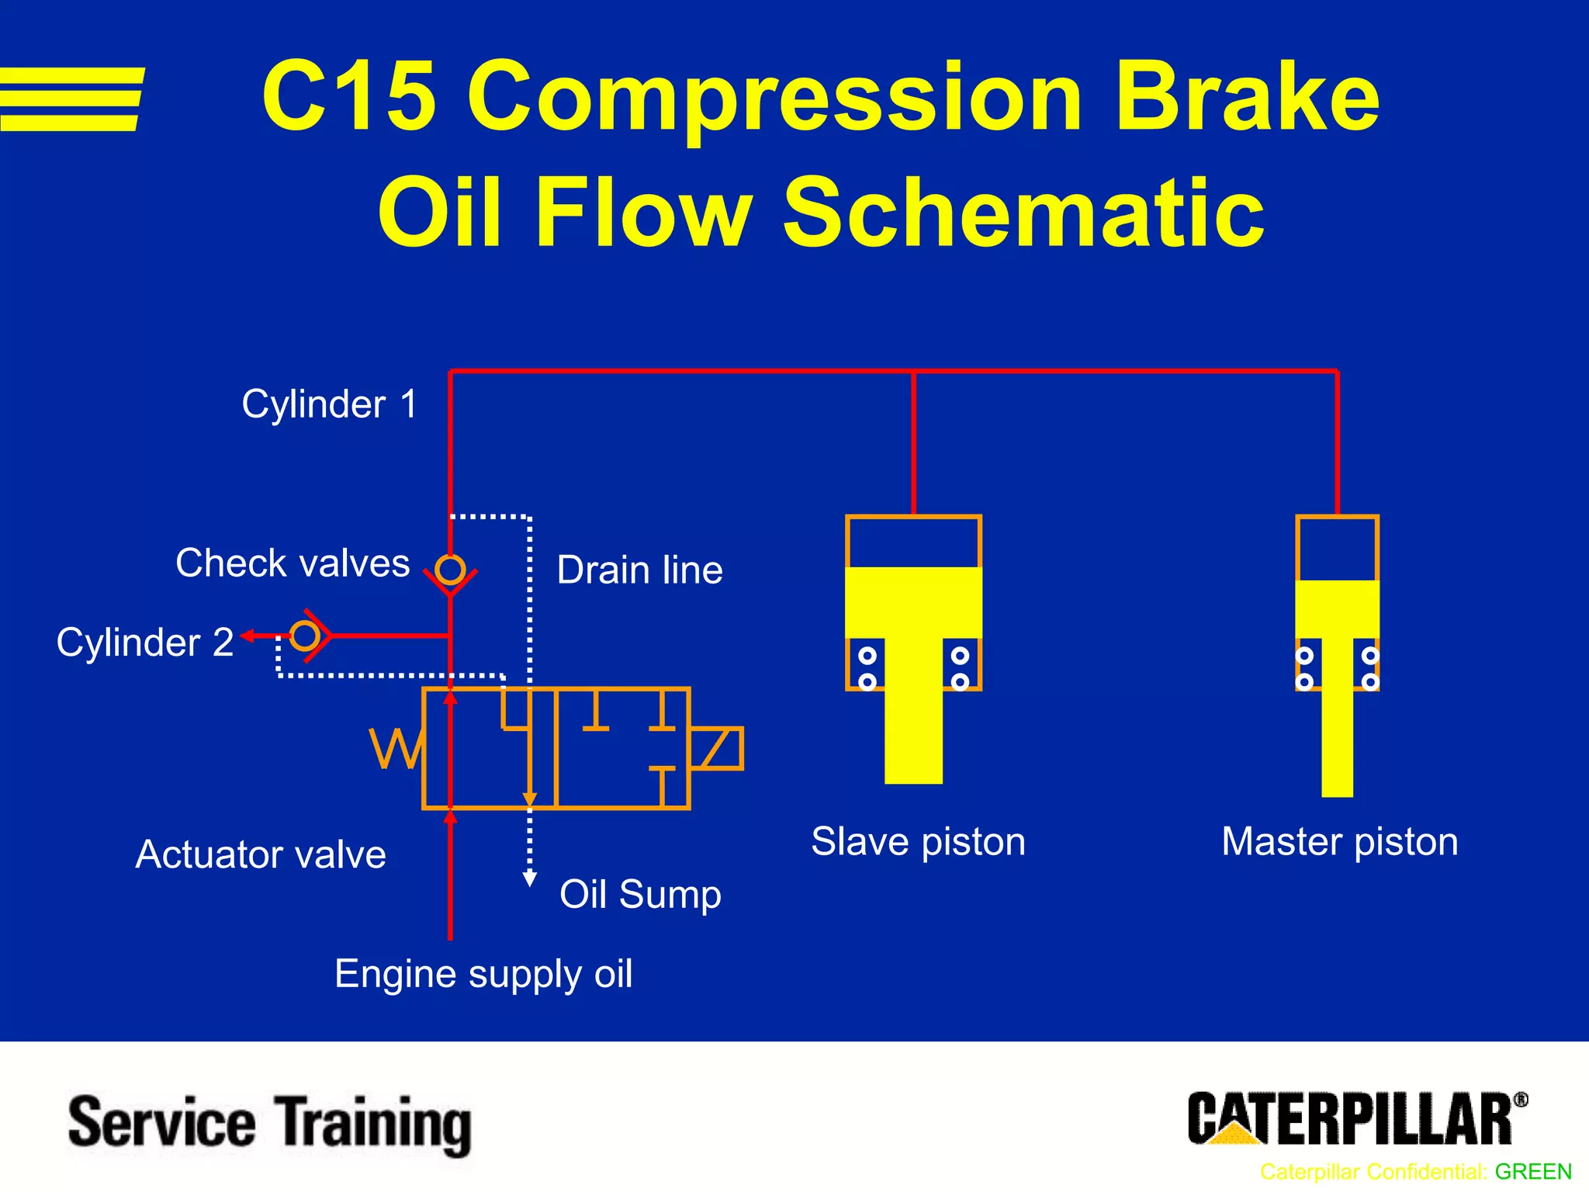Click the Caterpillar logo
click(1356, 1118)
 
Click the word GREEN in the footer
click(1533, 1171)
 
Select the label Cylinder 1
click(330, 404)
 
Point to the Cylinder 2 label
click(145, 643)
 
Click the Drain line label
click(639, 570)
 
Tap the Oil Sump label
click(640, 894)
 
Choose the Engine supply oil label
click(483, 974)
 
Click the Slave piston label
click(918, 842)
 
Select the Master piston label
click(1339, 842)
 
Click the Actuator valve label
click(261, 855)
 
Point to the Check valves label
click(293, 563)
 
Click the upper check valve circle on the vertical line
click(450, 570)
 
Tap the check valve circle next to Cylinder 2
click(305, 636)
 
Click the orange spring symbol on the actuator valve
click(396, 748)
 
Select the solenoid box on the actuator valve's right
click(716, 748)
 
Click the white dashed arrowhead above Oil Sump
click(530, 878)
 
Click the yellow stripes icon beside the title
click(71, 99)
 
